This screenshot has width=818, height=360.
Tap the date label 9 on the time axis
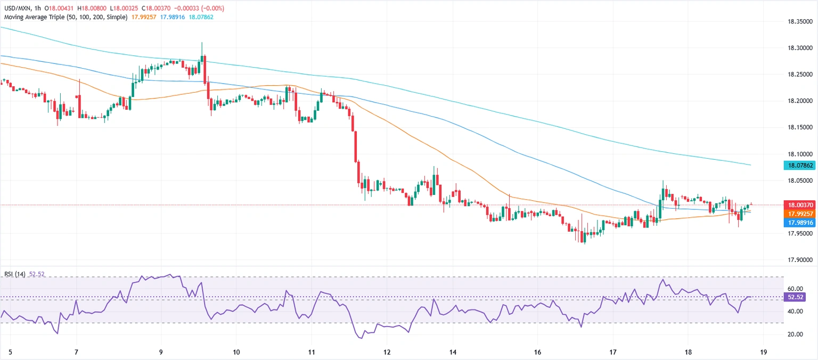click(x=161, y=352)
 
